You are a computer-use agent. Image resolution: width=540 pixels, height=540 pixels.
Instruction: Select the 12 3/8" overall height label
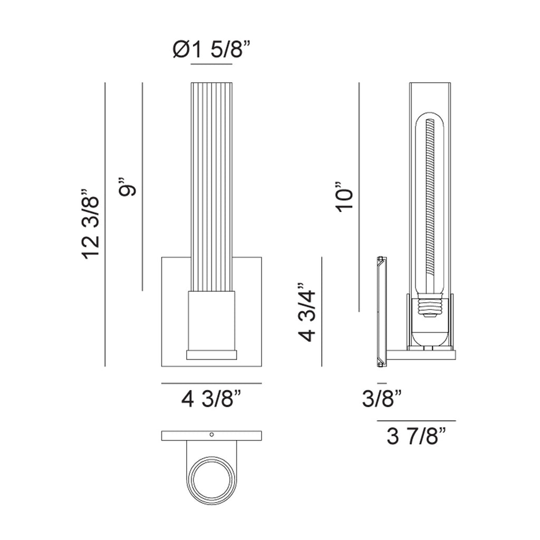91,224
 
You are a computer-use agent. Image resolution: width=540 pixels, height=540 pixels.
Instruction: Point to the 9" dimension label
128,187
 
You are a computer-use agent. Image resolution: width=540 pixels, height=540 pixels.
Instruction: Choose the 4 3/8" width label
211,400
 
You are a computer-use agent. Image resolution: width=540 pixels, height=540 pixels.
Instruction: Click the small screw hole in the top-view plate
212,435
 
